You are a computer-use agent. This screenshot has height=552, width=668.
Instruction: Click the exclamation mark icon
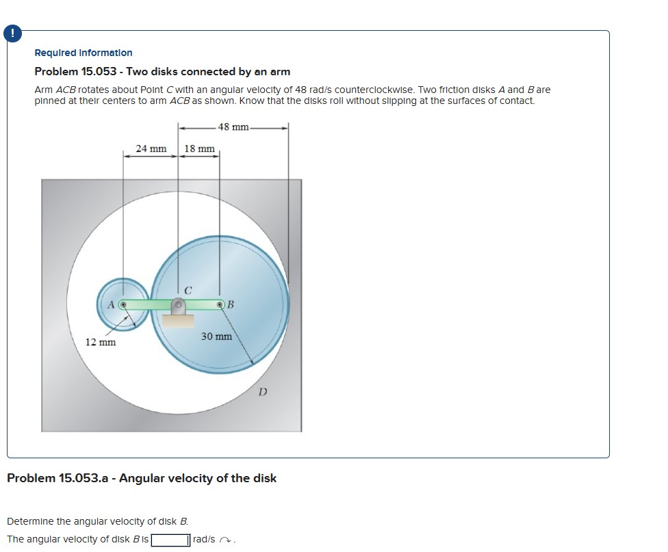pos(11,32)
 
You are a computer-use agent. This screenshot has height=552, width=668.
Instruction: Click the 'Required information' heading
pos(83,53)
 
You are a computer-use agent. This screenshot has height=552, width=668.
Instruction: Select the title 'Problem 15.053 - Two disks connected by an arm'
pos(162,72)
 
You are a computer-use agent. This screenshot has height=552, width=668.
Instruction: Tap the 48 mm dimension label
pos(233,127)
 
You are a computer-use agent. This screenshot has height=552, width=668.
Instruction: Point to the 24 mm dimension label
pos(151,148)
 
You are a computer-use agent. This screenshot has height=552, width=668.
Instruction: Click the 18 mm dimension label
pos(199,148)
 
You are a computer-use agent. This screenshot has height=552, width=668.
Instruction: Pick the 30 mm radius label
pos(216,337)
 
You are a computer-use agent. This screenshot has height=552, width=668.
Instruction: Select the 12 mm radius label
pos(100,341)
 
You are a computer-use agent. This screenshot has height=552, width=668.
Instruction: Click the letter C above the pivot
pos(188,291)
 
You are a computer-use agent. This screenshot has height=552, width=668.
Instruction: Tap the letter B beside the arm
pos(231,304)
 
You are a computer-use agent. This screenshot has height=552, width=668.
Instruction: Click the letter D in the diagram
pos(262,392)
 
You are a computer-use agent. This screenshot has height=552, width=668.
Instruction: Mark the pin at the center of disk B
pos(220,304)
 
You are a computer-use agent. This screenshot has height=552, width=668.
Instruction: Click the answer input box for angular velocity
pos(170,540)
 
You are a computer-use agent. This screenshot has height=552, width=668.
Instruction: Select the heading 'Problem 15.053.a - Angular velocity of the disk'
pos(142,478)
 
